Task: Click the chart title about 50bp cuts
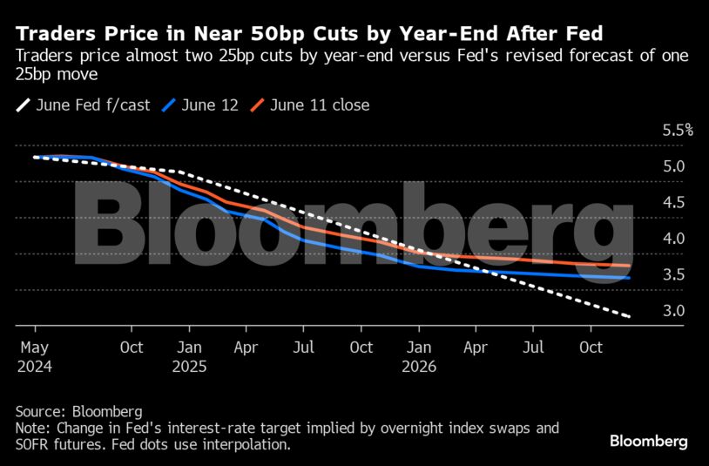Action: (309, 34)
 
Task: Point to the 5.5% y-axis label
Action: (677, 131)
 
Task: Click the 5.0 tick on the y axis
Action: (673, 166)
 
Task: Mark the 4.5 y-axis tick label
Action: (673, 203)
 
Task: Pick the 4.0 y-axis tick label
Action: (673, 239)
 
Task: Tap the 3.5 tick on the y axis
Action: (673, 275)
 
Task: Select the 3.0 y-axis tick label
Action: (673, 311)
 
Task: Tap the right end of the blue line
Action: (629, 278)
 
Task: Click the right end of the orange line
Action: (629, 266)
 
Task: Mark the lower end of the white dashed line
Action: (629, 316)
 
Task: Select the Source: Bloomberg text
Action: (78, 411)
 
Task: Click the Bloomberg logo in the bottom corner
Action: (649, 442)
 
